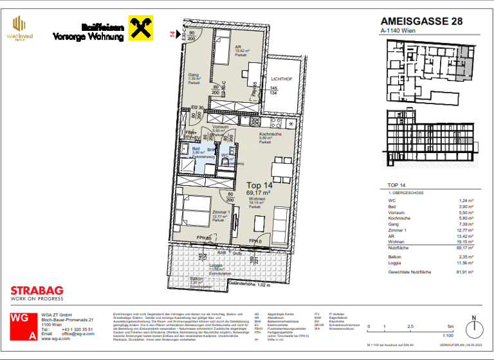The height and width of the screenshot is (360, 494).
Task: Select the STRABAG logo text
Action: point(37,291)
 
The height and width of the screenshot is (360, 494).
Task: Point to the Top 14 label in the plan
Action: point(259,184)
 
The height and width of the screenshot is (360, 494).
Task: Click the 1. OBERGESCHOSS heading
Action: point(406,193)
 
